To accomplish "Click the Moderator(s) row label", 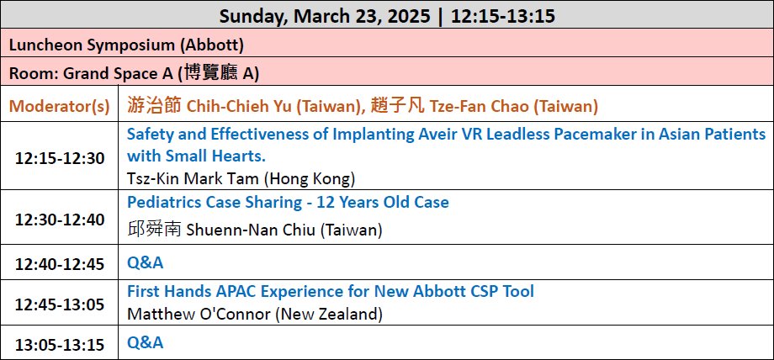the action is click(x=59, y=106).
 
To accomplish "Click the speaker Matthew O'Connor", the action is click(x=199, y=314).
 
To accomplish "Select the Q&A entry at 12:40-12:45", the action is click(x=145, y=262).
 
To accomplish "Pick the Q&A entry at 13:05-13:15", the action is click(x=145, y=342).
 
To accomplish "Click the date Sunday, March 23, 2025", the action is click(x=325, y=16).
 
